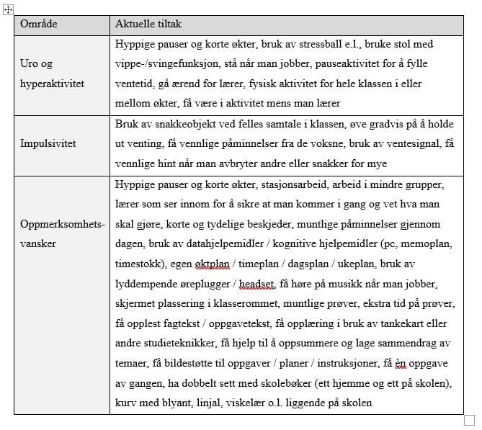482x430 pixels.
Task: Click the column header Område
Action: point(39,24)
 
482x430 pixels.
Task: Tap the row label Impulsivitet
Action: point(49,143)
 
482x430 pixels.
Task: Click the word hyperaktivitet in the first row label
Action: point(53,84)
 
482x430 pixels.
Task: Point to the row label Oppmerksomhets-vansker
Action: point(62,233)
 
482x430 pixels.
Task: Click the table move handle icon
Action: point(8,8)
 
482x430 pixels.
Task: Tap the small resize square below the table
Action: point(469,419)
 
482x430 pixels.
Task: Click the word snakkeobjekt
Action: point(188,124)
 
